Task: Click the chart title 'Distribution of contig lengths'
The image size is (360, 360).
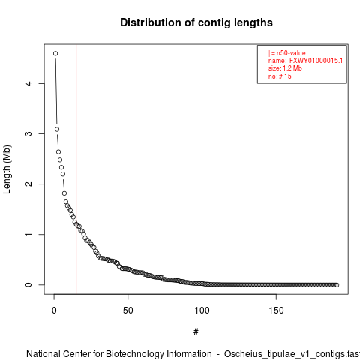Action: coord(196,22)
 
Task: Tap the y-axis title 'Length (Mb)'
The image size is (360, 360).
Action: coord(7,169)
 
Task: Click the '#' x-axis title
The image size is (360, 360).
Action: coord(196,332)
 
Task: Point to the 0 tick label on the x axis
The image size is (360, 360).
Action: coord(54,310)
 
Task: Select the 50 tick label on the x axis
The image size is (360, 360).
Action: coord(127,310)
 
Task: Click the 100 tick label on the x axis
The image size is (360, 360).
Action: coord(202,310)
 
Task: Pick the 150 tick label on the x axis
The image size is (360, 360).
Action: coord(276,310)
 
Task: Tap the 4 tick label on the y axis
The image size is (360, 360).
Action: coord(28,83)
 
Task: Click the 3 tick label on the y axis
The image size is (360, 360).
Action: coord(28,133)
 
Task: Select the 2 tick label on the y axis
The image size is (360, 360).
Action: coord(28,184)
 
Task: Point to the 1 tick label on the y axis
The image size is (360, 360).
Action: coord(28,234)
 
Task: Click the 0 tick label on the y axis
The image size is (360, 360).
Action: coord(28,284)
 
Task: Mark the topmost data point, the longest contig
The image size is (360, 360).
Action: coord(55,53)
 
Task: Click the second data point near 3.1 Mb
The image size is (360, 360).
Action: coord(57,129)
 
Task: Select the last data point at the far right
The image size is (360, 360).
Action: coord(337,285)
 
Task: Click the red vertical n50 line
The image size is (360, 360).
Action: coord(76,169)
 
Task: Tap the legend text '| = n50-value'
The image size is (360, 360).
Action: coord(287,53)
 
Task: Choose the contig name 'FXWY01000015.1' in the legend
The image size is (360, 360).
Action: coord(316,61)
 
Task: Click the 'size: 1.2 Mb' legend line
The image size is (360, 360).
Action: coord(285,68)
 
